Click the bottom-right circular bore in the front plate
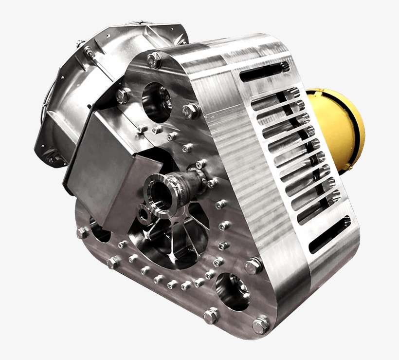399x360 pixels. (232, 289)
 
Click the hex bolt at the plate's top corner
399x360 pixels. (154, 60)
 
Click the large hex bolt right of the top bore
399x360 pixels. (191, 111)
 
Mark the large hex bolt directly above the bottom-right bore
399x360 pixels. (253, 265)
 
